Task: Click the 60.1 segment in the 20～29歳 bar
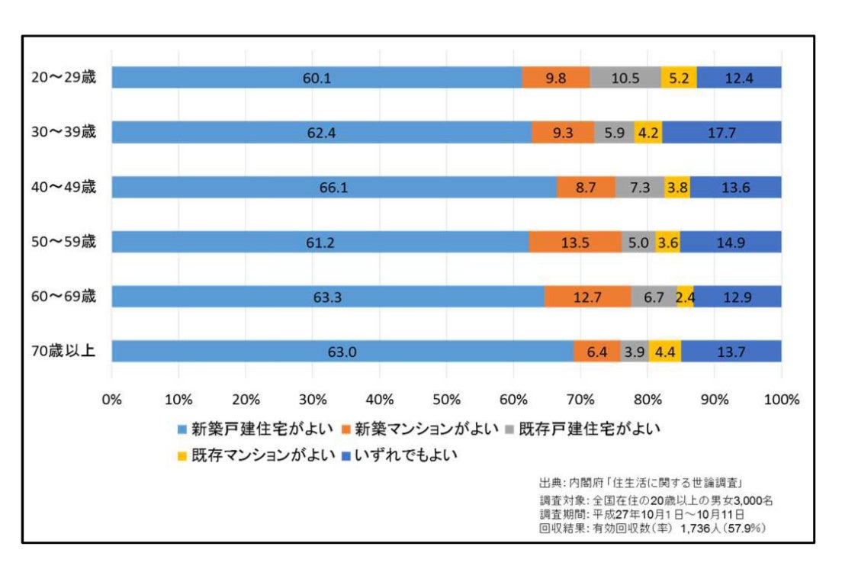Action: [317, 77]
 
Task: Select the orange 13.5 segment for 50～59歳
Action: [574, 242]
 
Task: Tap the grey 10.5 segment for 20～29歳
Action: [625, 77]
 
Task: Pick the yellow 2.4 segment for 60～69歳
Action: [684, 297]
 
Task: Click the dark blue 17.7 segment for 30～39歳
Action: [721, 132]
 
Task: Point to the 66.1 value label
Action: [334, 187]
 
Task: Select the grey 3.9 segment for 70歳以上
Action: [634, 352]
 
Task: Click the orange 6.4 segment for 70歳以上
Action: [596, 352]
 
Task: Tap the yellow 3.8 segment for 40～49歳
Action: [676, 187]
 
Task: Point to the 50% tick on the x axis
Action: [446, 399]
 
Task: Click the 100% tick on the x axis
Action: [781, 399]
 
